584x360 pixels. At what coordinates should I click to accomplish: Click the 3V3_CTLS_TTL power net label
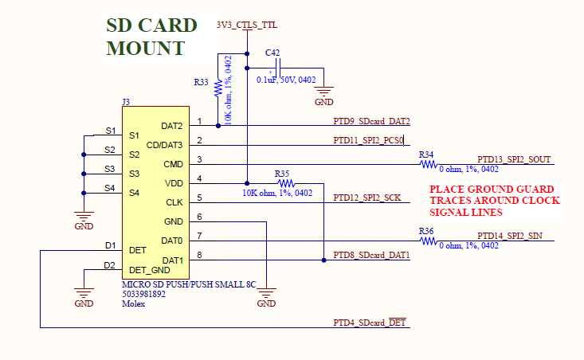point(247,25)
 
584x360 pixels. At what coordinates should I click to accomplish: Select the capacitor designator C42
point(272,53)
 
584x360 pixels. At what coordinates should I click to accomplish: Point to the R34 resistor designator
point(426,154)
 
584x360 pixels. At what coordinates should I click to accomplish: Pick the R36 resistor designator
point(426,231)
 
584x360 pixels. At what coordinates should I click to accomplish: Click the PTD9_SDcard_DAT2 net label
point(371,121)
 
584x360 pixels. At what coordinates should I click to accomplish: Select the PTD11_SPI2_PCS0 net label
point(369,140)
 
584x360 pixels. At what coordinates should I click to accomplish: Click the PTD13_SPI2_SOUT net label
point(514,159)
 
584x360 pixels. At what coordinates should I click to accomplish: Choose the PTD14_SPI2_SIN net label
point(511,237)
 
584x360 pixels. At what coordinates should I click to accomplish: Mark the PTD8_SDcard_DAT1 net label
point(371,255)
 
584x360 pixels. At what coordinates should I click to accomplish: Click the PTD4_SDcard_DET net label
point(370,322)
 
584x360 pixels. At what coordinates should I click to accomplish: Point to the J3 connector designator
point(126,102)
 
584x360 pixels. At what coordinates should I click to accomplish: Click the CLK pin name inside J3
point(174,202)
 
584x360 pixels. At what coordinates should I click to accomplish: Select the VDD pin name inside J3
point(174,183)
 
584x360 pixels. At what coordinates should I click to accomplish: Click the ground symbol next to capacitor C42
point(324,93)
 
